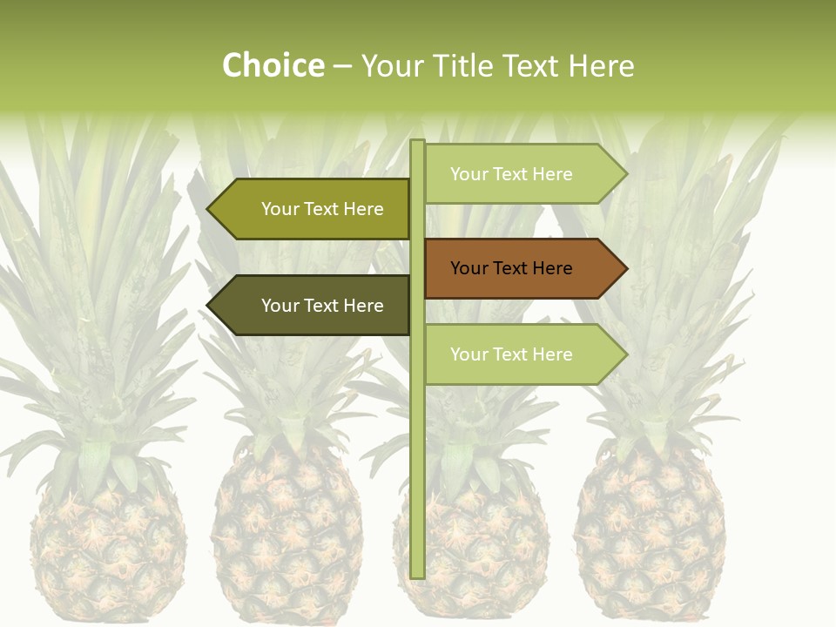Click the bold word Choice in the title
[x=273, y=66]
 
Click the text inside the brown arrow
[x=511, y=268]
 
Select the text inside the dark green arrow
[x=322, y=306]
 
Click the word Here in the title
[x=602, y=66]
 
